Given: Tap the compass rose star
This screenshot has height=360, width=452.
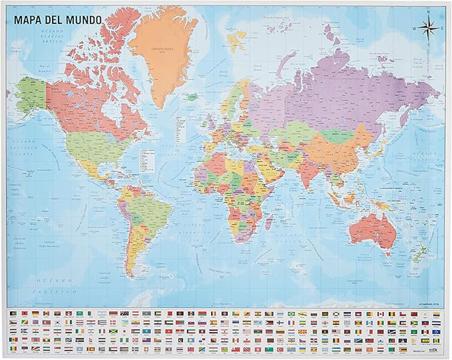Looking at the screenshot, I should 428,28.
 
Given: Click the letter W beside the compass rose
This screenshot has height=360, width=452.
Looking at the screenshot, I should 415,29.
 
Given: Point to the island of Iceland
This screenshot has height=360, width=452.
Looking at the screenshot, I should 192,96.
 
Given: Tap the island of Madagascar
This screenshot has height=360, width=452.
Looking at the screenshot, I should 268,221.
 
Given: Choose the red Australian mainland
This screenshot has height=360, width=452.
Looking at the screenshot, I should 372,231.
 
